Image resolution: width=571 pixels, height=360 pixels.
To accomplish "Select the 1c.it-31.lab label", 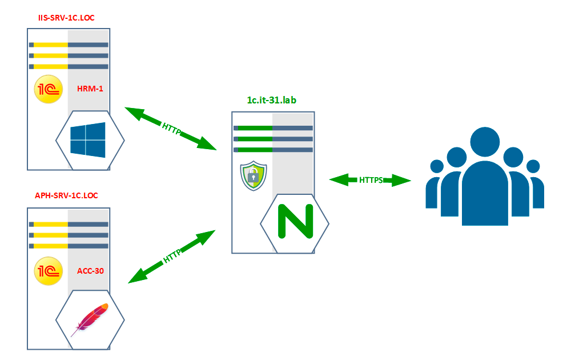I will (272, 101).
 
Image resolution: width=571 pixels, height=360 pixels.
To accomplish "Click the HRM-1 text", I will (90, 89).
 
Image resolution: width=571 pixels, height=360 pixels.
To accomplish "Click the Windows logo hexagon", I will (89, 139).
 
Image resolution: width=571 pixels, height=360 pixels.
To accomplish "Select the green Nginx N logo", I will (295, 222).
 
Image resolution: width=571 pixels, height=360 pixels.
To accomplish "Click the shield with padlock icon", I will (252, 176).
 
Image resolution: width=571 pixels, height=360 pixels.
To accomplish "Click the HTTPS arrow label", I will (371, 180).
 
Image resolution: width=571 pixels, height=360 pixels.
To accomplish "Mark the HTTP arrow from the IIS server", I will (171, 129).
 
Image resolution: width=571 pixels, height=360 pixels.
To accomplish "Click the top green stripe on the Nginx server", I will (253, 128).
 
